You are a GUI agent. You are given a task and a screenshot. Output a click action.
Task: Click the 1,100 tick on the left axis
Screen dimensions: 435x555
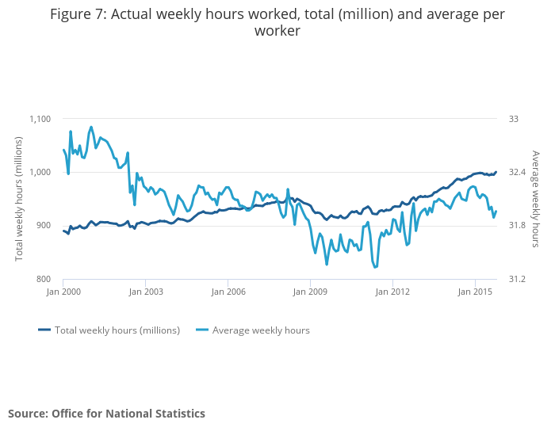tap(40, 119)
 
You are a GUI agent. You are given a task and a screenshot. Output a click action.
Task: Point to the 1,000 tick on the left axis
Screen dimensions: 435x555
tap(40, 173)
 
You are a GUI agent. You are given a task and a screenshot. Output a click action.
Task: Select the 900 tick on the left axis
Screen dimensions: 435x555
tap(44, 226)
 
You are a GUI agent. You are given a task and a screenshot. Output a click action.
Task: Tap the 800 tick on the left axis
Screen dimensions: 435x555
tap(44, 280)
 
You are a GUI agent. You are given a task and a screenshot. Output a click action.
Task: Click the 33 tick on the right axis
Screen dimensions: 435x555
tap(513, 119)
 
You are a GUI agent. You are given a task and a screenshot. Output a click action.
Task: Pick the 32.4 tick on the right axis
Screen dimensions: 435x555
tap(516, 173)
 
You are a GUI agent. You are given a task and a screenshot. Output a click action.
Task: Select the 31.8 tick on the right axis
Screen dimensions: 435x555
tap(516, 226)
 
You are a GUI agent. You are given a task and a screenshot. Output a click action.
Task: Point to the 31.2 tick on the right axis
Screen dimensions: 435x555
tap(516, 280)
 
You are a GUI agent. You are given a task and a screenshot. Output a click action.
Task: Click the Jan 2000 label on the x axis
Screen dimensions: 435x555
tap(63, 292)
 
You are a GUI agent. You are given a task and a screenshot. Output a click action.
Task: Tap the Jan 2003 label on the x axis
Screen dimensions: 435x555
tap(146, 292)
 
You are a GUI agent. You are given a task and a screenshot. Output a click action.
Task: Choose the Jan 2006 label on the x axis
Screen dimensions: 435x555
tap(228, 292)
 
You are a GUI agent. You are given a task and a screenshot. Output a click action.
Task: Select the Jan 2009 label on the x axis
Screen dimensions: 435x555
tap(310, 292)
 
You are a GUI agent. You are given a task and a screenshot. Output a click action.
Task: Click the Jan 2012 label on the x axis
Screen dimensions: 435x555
tap(392, 292)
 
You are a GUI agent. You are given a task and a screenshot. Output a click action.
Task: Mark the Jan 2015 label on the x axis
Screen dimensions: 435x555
tap(474, 292)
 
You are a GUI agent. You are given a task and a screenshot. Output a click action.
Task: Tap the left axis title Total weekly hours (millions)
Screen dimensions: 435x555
tap(20, 199)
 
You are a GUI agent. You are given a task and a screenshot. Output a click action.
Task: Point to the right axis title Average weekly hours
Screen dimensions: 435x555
tap(535, 199)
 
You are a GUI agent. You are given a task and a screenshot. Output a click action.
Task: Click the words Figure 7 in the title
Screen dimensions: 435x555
tap(78, 15)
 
